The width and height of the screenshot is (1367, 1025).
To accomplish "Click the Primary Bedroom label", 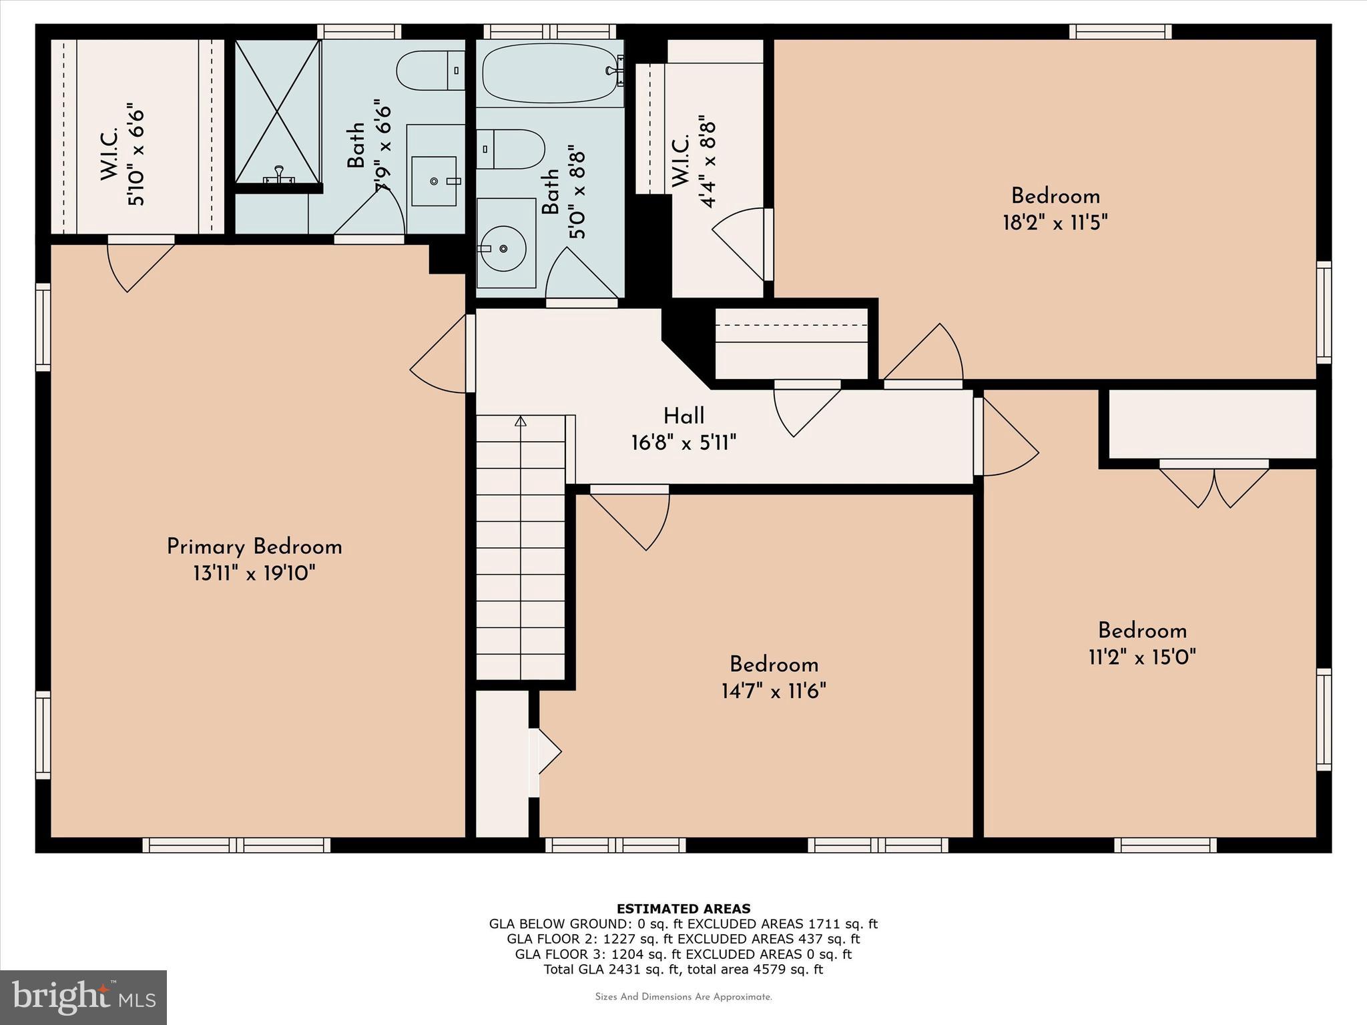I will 254,547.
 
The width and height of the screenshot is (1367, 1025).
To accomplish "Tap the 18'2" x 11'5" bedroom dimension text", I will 1055,222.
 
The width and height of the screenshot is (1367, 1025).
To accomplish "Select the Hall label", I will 683,416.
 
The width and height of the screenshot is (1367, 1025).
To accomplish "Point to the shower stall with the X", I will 277,111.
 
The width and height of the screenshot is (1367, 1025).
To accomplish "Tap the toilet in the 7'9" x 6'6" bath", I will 427,71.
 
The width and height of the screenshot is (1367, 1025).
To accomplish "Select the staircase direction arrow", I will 521,421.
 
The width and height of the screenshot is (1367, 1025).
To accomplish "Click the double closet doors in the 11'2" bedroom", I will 1213,486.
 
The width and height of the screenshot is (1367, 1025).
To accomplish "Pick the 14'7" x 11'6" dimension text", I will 774,691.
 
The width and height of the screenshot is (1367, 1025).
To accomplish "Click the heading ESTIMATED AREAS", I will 683,908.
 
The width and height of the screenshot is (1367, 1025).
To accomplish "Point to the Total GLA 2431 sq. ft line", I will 683,970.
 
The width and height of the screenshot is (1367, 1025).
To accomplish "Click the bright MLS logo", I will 83,997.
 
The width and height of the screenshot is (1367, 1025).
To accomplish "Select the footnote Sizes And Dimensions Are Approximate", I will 683,997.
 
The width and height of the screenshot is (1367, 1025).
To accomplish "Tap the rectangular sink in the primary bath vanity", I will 435,181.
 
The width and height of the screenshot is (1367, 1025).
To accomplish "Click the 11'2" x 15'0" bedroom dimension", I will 1142,657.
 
